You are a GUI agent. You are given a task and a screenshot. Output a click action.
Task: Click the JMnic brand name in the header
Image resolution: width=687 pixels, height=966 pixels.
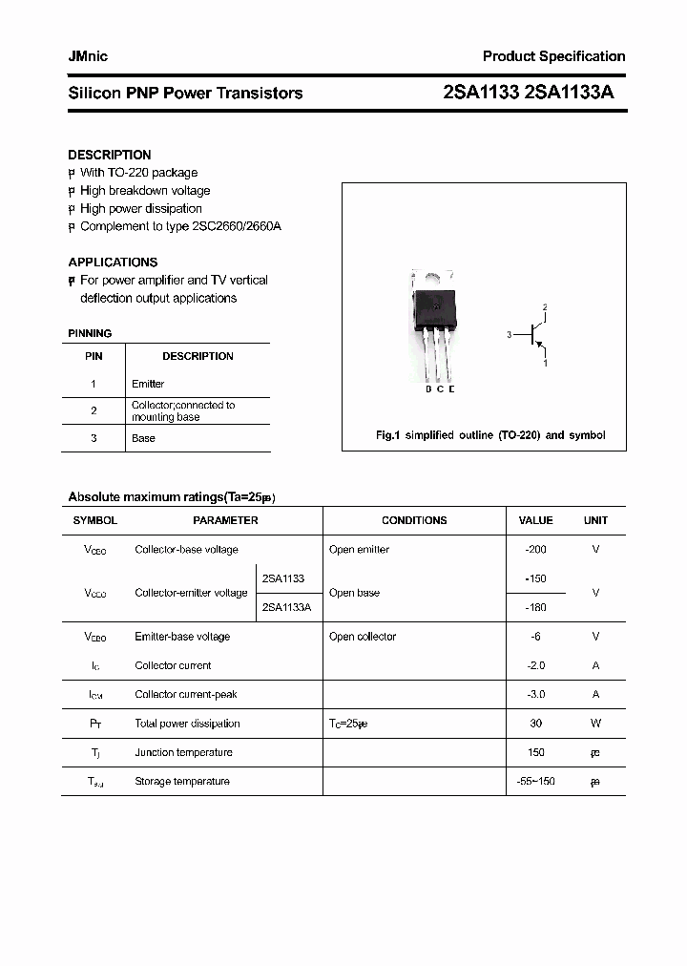(88, 56)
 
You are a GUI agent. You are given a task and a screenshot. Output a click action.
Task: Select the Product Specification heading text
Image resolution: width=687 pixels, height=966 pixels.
(553, 56)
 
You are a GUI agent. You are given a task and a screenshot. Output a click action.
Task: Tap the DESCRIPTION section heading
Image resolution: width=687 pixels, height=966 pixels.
(109, 155)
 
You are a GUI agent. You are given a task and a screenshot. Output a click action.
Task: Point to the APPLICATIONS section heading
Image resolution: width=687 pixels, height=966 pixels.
(113, 262)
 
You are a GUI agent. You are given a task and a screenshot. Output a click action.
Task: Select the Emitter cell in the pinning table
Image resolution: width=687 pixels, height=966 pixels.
(148, 384)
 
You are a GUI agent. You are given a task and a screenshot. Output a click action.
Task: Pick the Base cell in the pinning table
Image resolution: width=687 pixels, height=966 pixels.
(143, 438)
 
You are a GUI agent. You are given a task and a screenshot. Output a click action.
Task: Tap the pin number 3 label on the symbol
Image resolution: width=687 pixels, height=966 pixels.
(510, 335)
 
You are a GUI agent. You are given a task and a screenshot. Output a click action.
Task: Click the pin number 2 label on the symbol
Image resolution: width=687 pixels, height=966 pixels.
(545, 307)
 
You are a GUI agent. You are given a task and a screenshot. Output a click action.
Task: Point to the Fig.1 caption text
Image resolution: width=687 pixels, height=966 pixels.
(490, 435)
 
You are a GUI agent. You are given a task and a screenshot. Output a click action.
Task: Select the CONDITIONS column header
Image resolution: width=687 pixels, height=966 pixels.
(414, 520)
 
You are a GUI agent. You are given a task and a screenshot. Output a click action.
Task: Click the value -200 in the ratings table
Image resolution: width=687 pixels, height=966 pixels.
(535, 549)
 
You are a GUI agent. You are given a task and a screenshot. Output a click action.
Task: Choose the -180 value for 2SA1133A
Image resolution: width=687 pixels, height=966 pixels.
(535, 607)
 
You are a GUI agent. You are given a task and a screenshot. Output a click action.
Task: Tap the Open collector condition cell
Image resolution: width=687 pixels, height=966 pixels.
(363, 637)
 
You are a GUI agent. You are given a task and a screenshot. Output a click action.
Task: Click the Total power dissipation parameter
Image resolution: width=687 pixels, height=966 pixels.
(187, 724)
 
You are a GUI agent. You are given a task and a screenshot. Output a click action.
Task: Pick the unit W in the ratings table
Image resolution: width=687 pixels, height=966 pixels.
(595, 724)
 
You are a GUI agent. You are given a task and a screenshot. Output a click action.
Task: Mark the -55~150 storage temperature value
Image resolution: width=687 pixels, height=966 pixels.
(535, 782)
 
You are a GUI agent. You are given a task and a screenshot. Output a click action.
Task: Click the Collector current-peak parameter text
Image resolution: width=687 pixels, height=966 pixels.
(186, 694)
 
